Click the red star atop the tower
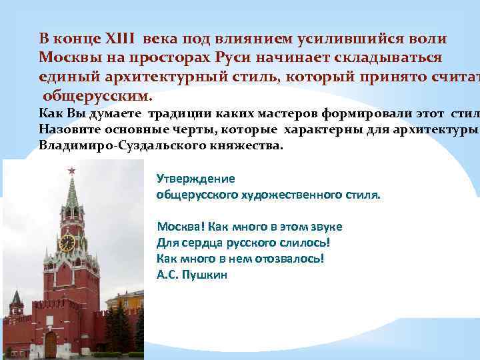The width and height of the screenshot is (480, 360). (x=71, y=171)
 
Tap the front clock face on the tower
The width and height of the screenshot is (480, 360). (x=67, y=243)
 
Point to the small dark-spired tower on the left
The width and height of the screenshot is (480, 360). (x=15, y=304)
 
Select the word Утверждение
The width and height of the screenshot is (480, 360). (x=195, y=179)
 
